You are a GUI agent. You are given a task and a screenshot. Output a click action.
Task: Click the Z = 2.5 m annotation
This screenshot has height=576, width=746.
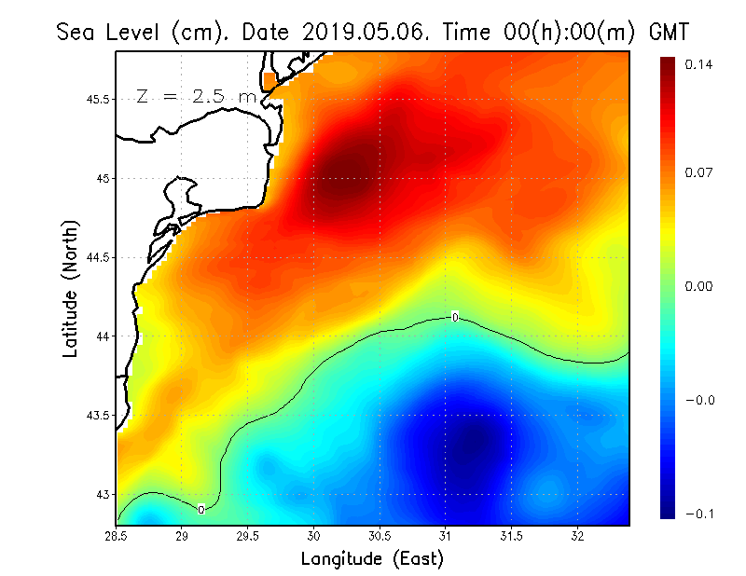(196, 96)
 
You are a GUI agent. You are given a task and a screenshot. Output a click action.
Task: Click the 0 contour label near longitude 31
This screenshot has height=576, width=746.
(454, 317)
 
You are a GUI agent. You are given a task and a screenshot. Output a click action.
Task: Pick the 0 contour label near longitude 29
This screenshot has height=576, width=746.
(200, 509)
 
